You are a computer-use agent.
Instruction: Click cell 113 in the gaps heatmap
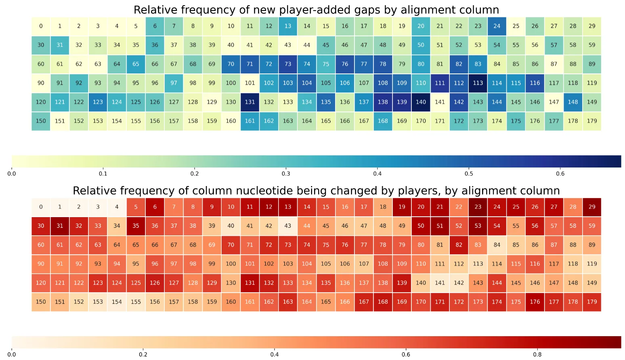click(478, 83)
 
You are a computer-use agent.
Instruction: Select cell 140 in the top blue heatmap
click(421, 102)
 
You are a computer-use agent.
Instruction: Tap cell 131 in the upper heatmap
click(250, 102)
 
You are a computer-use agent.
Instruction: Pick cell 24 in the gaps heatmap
click(497, 26)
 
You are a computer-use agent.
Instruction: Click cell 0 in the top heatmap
click(41, 26)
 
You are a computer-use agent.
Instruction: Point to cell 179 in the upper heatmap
click(592, 121)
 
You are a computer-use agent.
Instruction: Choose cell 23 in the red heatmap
click(478, 207)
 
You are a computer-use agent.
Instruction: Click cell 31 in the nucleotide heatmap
click(60, 226)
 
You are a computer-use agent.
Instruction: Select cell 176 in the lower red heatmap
click(535, 302)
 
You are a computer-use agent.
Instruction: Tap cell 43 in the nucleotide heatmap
click(288, 226)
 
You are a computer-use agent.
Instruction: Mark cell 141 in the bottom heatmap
click(440, 283)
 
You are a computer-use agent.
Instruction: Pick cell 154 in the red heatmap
click(117, 302)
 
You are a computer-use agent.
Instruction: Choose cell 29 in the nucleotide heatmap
click(592, 207)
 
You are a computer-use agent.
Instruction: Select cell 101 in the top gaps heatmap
click(250, 83)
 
